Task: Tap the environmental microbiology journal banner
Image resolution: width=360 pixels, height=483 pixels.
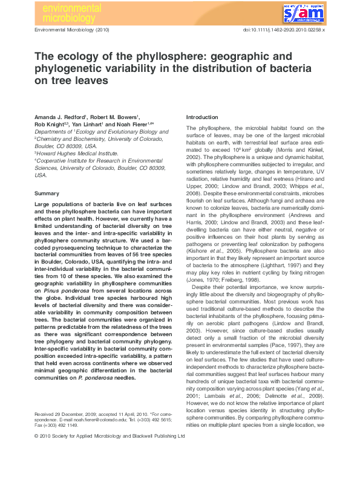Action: [68, 11]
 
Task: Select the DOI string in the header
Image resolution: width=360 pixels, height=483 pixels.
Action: [284, 30]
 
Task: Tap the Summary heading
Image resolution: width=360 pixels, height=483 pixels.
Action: [47, 193]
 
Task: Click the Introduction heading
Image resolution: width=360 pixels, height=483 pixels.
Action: [202, 117]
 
